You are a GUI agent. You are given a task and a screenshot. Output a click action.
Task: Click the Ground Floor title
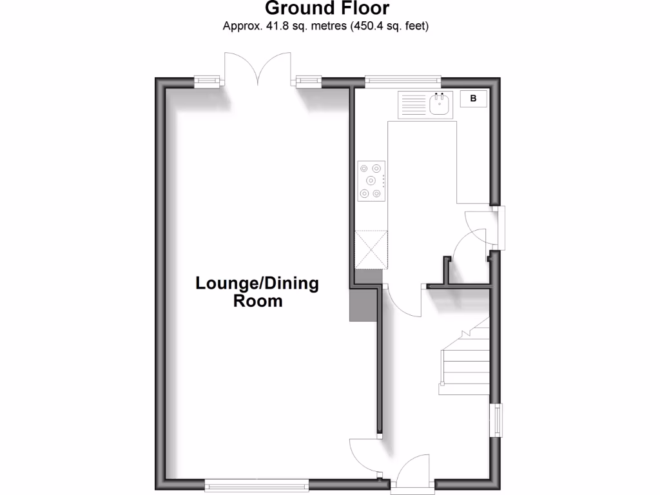coord(327,9)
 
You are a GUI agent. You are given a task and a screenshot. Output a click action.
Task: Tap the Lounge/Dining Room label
coord(257,292)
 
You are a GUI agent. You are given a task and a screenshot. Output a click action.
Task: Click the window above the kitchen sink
coord(403,81)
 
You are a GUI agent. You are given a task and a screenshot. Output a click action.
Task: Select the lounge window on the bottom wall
coord(257,483)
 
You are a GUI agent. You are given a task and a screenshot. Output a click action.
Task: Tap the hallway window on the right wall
coord(498,420)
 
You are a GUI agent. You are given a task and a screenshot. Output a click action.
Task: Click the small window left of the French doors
coord(208,81)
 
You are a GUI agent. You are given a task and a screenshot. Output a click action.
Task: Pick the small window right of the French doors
coord(308,81)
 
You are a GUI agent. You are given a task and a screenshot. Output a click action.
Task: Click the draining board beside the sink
coord(414,104)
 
